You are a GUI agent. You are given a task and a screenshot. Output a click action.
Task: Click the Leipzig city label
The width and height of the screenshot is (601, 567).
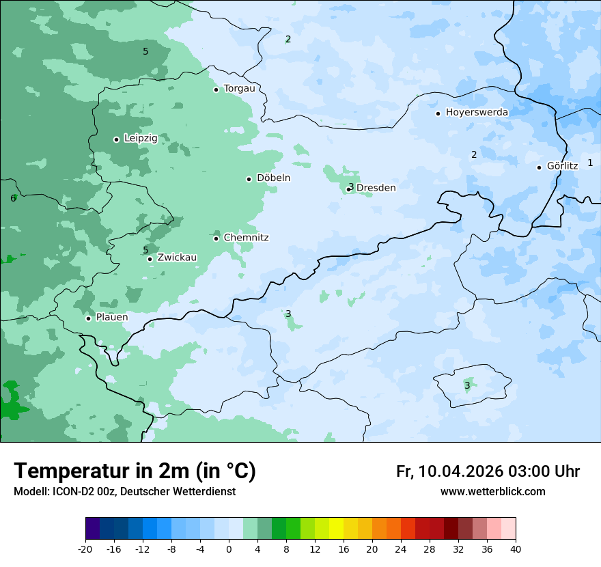pos(141,138)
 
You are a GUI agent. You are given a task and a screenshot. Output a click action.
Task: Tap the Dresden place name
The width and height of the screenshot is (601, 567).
pos(376,188)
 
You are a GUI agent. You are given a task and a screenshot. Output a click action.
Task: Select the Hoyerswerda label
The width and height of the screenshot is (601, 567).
pos(477,113)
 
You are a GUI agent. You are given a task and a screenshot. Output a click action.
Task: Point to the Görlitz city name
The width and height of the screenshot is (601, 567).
pos(562,166)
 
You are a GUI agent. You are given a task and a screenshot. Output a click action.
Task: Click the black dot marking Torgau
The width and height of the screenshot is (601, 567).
pos(216,89)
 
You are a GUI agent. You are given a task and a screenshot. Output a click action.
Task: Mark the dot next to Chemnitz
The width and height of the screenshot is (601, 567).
pos(216,238)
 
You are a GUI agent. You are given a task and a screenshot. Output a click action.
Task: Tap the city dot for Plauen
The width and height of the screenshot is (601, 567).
pos(88,318)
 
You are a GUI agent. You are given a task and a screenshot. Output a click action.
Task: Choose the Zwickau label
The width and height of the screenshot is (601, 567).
pos(177,258)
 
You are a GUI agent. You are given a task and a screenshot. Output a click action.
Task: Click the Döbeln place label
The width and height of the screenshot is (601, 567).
pos(273,178)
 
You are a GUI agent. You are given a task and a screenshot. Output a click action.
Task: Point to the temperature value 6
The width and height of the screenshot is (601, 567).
pos(13,199)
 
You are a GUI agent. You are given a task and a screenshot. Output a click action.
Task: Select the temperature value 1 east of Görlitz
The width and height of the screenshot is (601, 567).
pos(590,163)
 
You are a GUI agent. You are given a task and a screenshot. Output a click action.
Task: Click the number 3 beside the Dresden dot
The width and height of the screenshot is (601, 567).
pos(351,187)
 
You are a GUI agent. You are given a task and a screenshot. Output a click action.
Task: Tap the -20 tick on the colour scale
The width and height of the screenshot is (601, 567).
pos(85,549)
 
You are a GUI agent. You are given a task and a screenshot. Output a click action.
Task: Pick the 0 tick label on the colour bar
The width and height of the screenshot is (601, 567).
pos(229,549)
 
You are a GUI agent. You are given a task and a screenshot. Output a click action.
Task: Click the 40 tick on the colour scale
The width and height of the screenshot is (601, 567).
pos(516,549)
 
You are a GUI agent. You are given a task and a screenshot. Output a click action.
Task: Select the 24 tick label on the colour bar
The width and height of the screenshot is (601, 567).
pos(401,549)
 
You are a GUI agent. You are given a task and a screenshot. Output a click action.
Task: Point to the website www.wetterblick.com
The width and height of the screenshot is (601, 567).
pos(492,492)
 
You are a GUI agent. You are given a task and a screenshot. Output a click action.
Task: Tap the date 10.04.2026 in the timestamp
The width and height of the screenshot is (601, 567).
pos(461,471)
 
